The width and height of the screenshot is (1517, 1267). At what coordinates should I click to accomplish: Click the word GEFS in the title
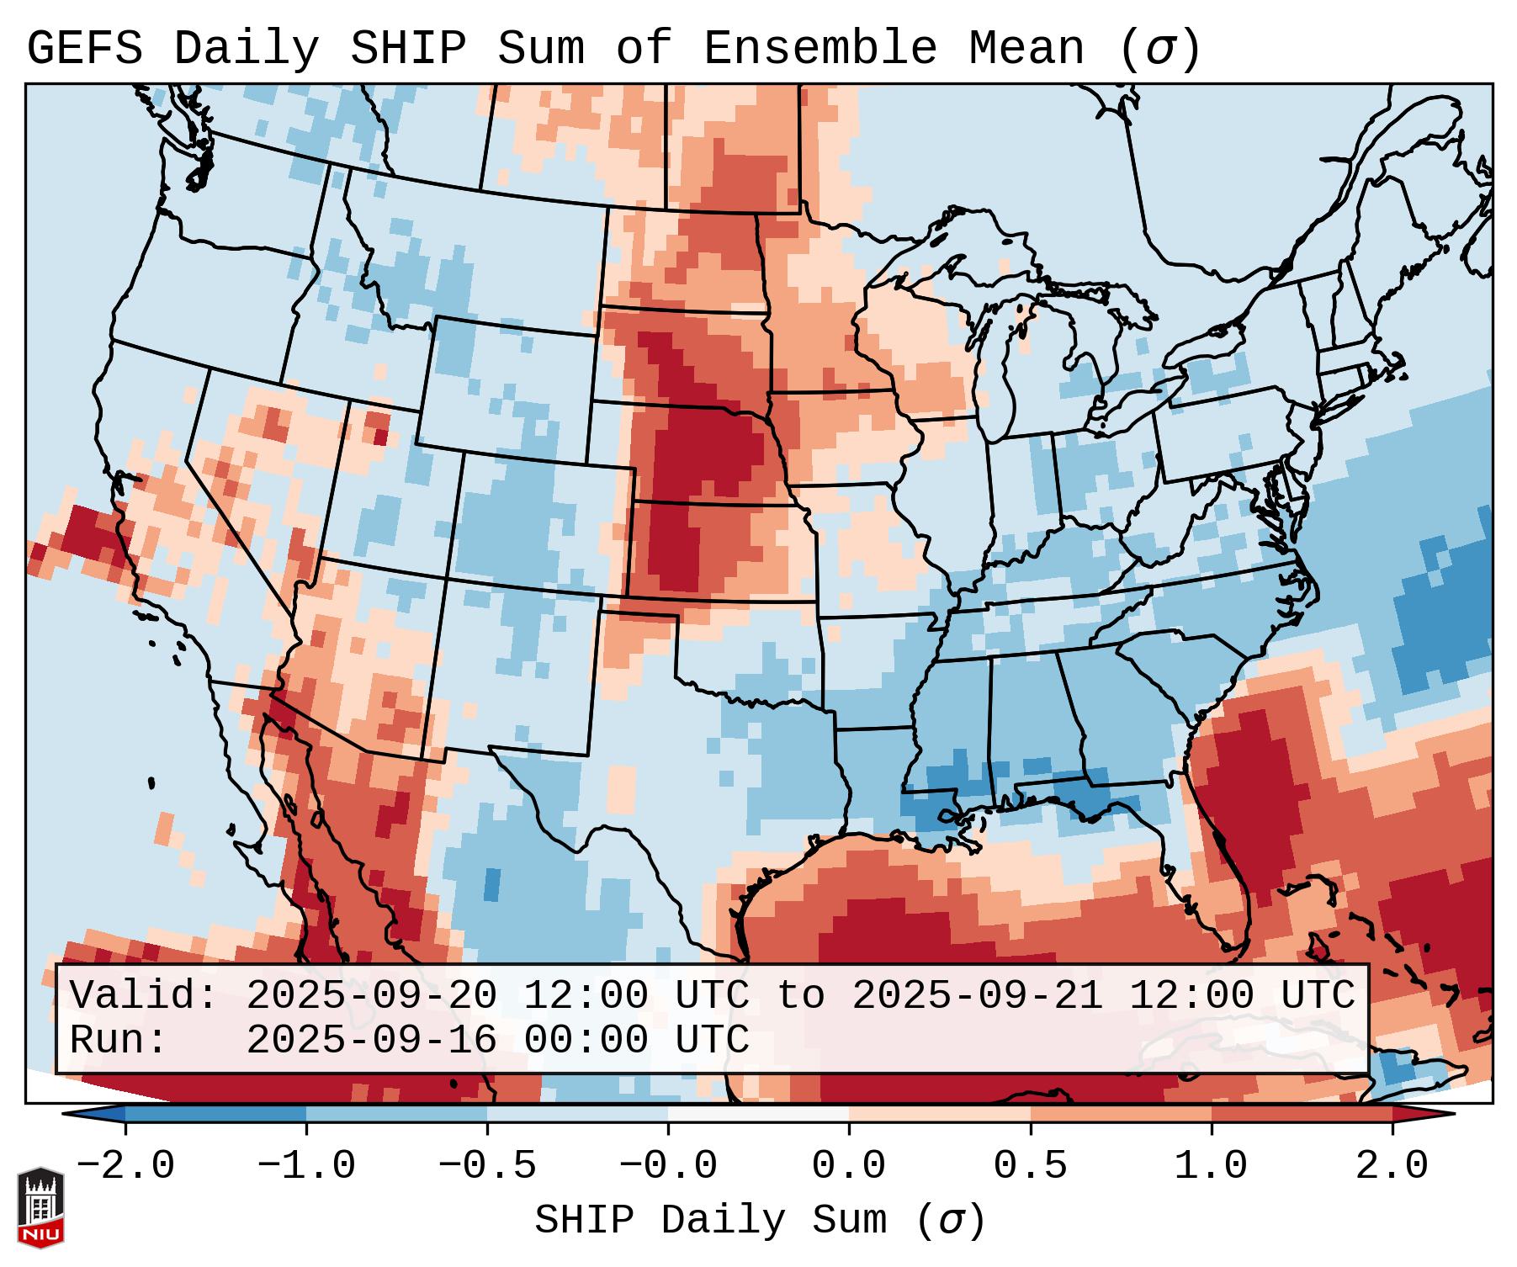pos(85,49)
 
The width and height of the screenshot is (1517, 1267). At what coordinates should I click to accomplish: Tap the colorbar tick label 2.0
pos(1392,1166)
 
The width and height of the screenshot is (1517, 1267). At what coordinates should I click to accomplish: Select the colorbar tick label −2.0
pos(125,1166)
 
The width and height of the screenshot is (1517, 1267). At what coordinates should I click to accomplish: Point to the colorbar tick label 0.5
pos(1030,1166)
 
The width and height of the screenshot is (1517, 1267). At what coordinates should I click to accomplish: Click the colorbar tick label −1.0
pos(306,1166)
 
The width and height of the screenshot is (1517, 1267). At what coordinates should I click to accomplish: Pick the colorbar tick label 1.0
pos(1211,1166)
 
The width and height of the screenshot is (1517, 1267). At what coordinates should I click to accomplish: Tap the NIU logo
pos(40,1207)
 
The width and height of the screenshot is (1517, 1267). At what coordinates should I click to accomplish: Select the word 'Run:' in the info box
pos(119,1040)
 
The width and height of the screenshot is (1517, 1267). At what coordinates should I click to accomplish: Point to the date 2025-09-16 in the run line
pos(371,1040)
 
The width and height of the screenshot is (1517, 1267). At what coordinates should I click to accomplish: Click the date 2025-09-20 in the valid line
pos(371,995)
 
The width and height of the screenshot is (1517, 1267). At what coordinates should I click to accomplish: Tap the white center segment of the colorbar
pos(758,1114)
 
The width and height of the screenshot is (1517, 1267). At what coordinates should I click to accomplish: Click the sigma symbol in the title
pos(1160,49)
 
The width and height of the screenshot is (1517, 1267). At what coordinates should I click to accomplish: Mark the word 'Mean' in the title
pos(1026,49)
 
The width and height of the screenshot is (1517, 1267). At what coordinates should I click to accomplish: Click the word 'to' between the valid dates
pos(800,995)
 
